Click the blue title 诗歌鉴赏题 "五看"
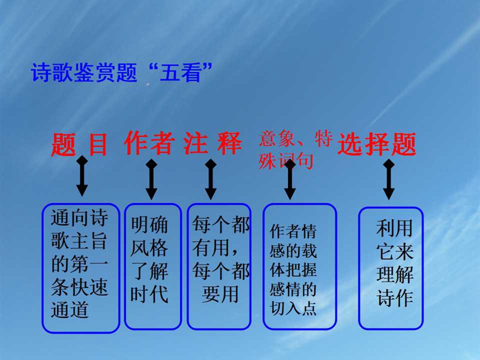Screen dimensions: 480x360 pyautogui.click(x=122, y=72)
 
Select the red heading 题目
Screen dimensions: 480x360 pyautogui.click(x=80, y=144)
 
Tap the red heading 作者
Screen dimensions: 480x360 pyautogui.click(x=149, y=143)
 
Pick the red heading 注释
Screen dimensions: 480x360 pyautogui.click(x=213, y=143)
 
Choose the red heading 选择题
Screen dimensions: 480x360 pyautogui.click(x=377, y=144)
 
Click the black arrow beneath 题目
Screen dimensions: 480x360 pyautogui.click(x=82, y=176)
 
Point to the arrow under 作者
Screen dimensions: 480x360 pyautogui.click(x=152, y=179)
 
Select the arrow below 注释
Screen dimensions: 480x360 pyautogui.click(x=211, y=179)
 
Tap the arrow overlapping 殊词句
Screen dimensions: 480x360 pyautogui.click(x=290, y=179)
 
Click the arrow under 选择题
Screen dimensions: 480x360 pyautogui.click(x=389, y=179)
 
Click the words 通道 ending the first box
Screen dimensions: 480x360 pyautogui.click(x=70, y=310)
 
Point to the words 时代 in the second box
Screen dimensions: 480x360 pyautogui.click(x=149, y=295)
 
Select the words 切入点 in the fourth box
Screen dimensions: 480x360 pyautogui.click(x=293, y=308)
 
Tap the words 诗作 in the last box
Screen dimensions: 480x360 pyautogui.click(x=395, y=298)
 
